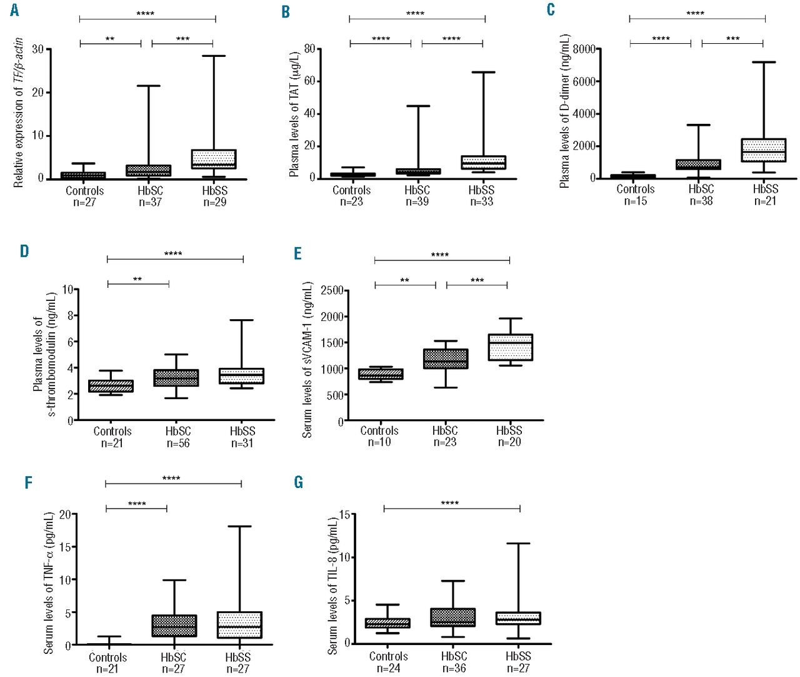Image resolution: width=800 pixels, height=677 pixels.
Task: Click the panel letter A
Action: point(14,11)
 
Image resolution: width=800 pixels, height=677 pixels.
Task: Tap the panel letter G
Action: point(298,482)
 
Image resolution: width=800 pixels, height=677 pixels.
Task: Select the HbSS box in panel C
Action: point(763,150)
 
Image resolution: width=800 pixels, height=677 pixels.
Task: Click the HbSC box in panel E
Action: point(445,359)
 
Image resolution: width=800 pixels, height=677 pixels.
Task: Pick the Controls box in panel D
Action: point(111,386)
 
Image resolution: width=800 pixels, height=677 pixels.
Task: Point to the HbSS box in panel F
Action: point(239,624)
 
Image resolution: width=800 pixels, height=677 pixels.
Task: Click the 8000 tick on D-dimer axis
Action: point(584,49)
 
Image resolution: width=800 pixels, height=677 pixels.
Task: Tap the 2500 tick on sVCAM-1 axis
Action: point(332,290)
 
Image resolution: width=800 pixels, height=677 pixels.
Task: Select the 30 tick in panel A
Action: point(37,49)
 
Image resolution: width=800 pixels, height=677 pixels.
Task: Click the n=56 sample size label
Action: point(178,443)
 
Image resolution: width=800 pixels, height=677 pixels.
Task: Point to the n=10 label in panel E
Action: point(379,442)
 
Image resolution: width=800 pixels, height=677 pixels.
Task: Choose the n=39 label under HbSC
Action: point(417,201)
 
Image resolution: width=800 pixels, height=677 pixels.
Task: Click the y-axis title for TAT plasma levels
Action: point(294,114)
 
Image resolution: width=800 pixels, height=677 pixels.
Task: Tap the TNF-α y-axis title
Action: point(49,583)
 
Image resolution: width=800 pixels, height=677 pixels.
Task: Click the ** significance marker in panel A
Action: point(110,39)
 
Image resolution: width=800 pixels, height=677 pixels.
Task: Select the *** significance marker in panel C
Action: point(732,39)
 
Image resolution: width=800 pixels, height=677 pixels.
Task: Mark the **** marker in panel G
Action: point(450,503)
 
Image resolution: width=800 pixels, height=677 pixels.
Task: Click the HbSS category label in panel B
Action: point(481,190)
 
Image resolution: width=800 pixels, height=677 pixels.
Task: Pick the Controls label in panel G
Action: point(388,656)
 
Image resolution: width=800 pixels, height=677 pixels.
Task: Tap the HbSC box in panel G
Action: point(452,617)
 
